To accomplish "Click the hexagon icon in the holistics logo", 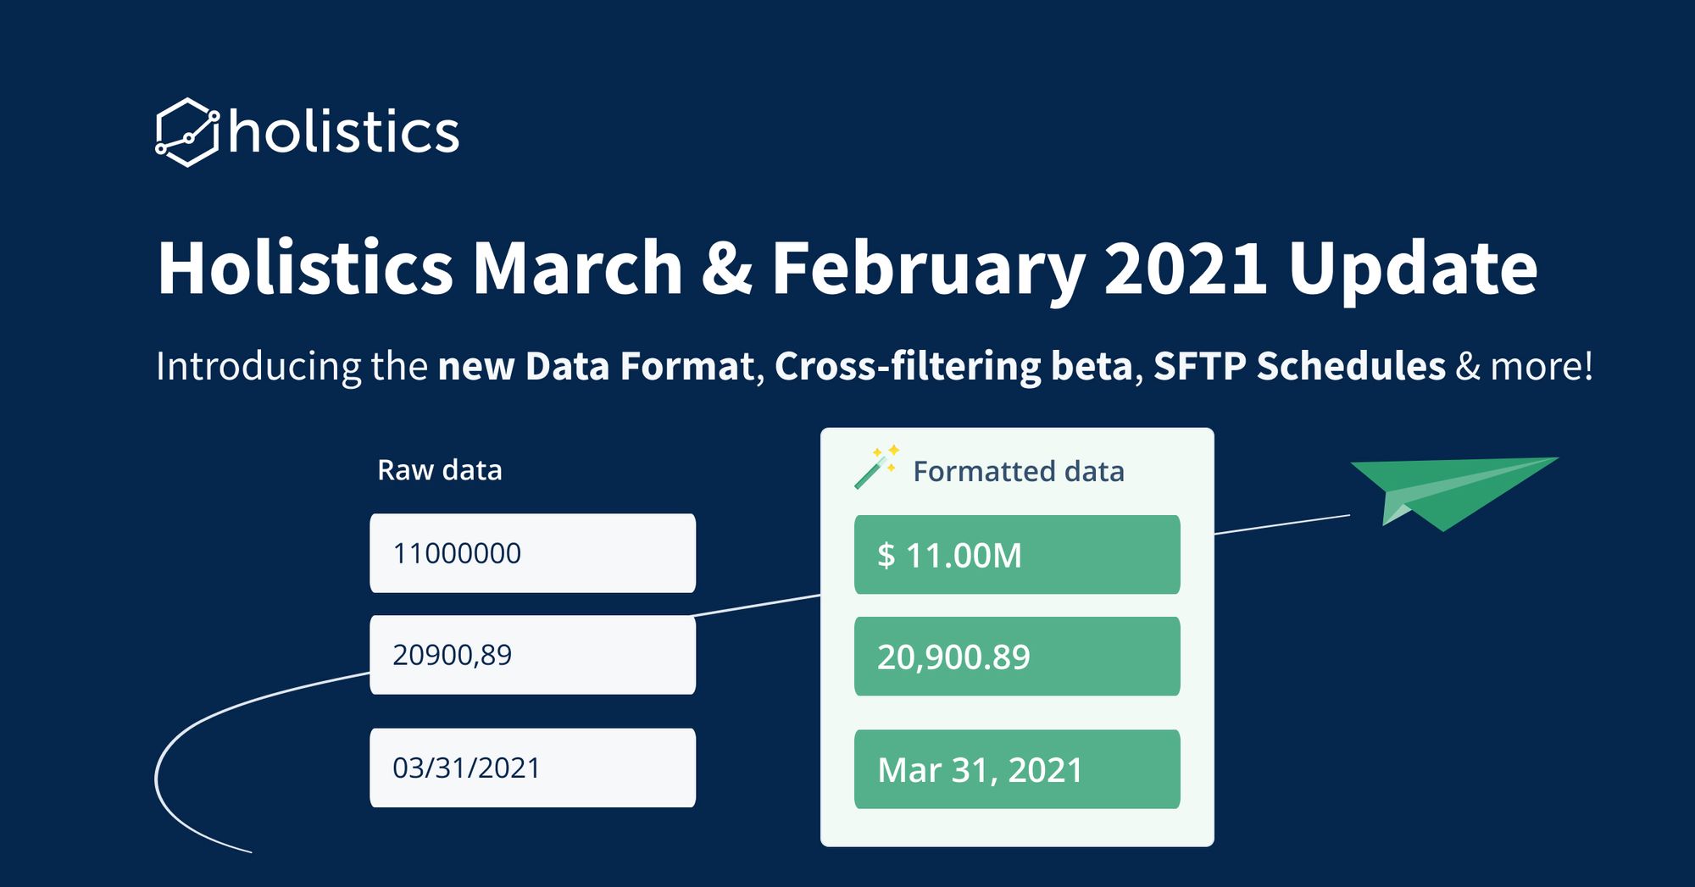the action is coord(187,132).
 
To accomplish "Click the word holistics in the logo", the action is coord(344,131).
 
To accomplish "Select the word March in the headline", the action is coord(578,268).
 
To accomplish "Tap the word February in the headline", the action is coord(928,270).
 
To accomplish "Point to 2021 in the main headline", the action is coord(1186,268).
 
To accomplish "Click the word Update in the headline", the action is coord(1413,270).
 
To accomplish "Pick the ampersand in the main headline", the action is coord(727,269).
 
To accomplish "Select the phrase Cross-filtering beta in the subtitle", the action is coord(953,366).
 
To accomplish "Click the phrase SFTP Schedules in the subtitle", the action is coord(1299,366).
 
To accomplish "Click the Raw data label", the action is coord(440,469).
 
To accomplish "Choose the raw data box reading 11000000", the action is coord(532,553).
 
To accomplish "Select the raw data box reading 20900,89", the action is coord(532,655).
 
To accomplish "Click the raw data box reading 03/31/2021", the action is coord(532,768).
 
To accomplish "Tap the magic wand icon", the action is coord(876,467).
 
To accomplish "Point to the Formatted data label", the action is coord(1019,471).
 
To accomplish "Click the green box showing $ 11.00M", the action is coord(1017,555).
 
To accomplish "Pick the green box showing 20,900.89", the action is coord(1017,657).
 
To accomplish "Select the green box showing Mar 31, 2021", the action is coord(1017,769).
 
